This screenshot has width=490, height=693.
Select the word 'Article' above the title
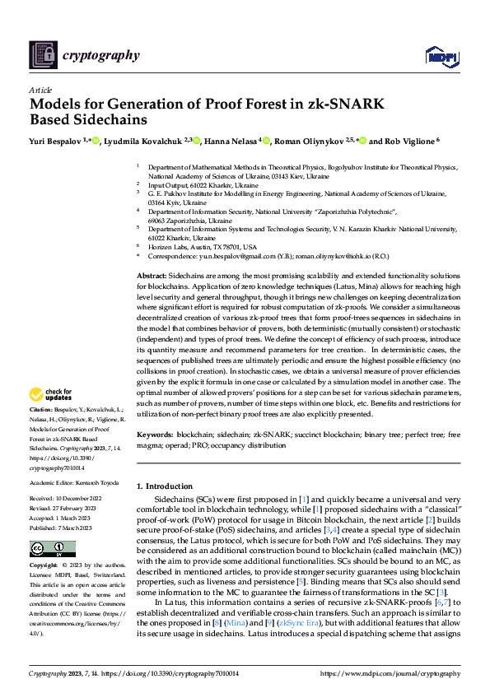(40, 90)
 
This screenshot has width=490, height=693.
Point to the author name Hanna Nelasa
(231, 141)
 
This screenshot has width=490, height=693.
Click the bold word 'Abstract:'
(151, 274)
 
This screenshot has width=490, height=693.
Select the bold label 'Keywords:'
(155, 433)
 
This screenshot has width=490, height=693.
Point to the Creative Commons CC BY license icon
(52, 549)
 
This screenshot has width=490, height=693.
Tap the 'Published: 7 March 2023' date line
(63, 523)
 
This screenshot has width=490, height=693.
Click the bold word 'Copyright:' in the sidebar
(44, 567)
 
